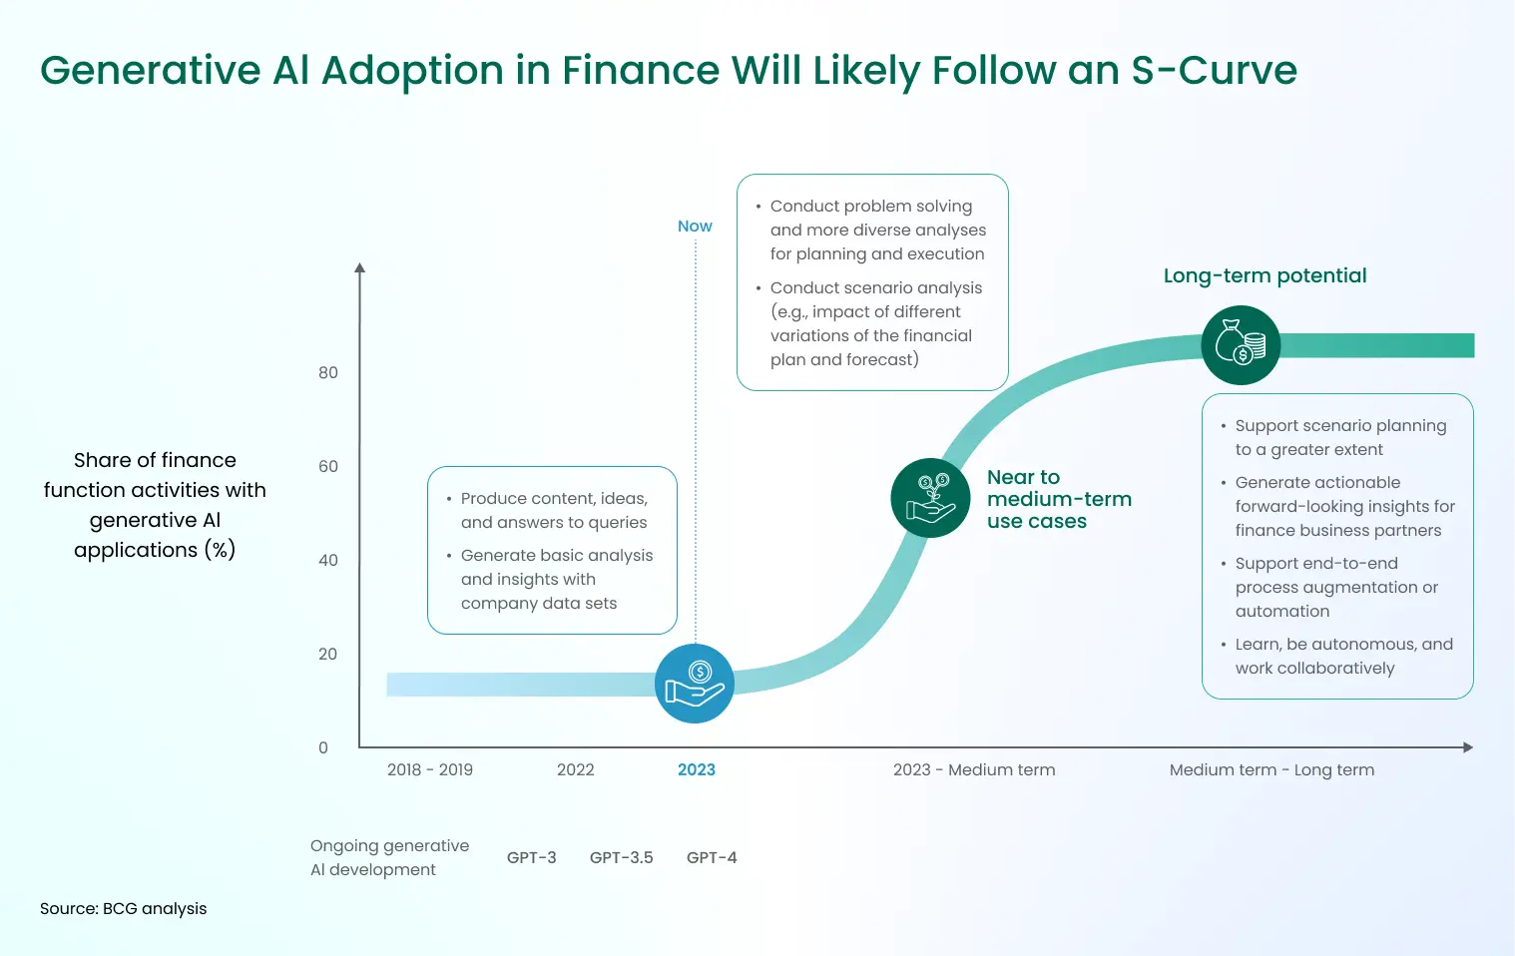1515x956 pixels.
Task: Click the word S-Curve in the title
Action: (1214, 71)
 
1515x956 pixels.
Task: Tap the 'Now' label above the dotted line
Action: (695, 227)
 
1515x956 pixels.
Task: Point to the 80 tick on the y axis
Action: (328, 373)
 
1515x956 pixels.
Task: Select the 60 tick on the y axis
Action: (328, 467)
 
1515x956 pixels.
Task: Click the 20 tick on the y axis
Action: (328, 655)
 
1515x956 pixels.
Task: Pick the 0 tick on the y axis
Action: (323, 748)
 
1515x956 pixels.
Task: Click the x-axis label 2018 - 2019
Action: (430, 770)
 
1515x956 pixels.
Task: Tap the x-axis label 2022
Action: (576, 770)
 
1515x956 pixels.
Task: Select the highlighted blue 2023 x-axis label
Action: (697, 770)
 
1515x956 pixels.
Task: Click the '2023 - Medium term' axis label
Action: (974, 770)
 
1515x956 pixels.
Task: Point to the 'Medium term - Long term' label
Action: (1271, 770)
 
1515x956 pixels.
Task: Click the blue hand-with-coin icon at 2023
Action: (695, 684)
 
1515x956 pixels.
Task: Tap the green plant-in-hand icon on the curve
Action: (930, 498)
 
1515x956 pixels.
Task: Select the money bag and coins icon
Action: (1241, 345)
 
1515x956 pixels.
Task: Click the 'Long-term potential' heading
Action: (1264, 276)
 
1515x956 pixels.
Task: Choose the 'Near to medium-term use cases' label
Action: (1059, 499)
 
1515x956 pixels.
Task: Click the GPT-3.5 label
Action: (621, 858)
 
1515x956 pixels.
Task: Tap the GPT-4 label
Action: (712, 858)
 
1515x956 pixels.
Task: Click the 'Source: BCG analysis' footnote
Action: (124, 909)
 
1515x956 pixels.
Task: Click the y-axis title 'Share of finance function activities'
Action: (155, 505)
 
